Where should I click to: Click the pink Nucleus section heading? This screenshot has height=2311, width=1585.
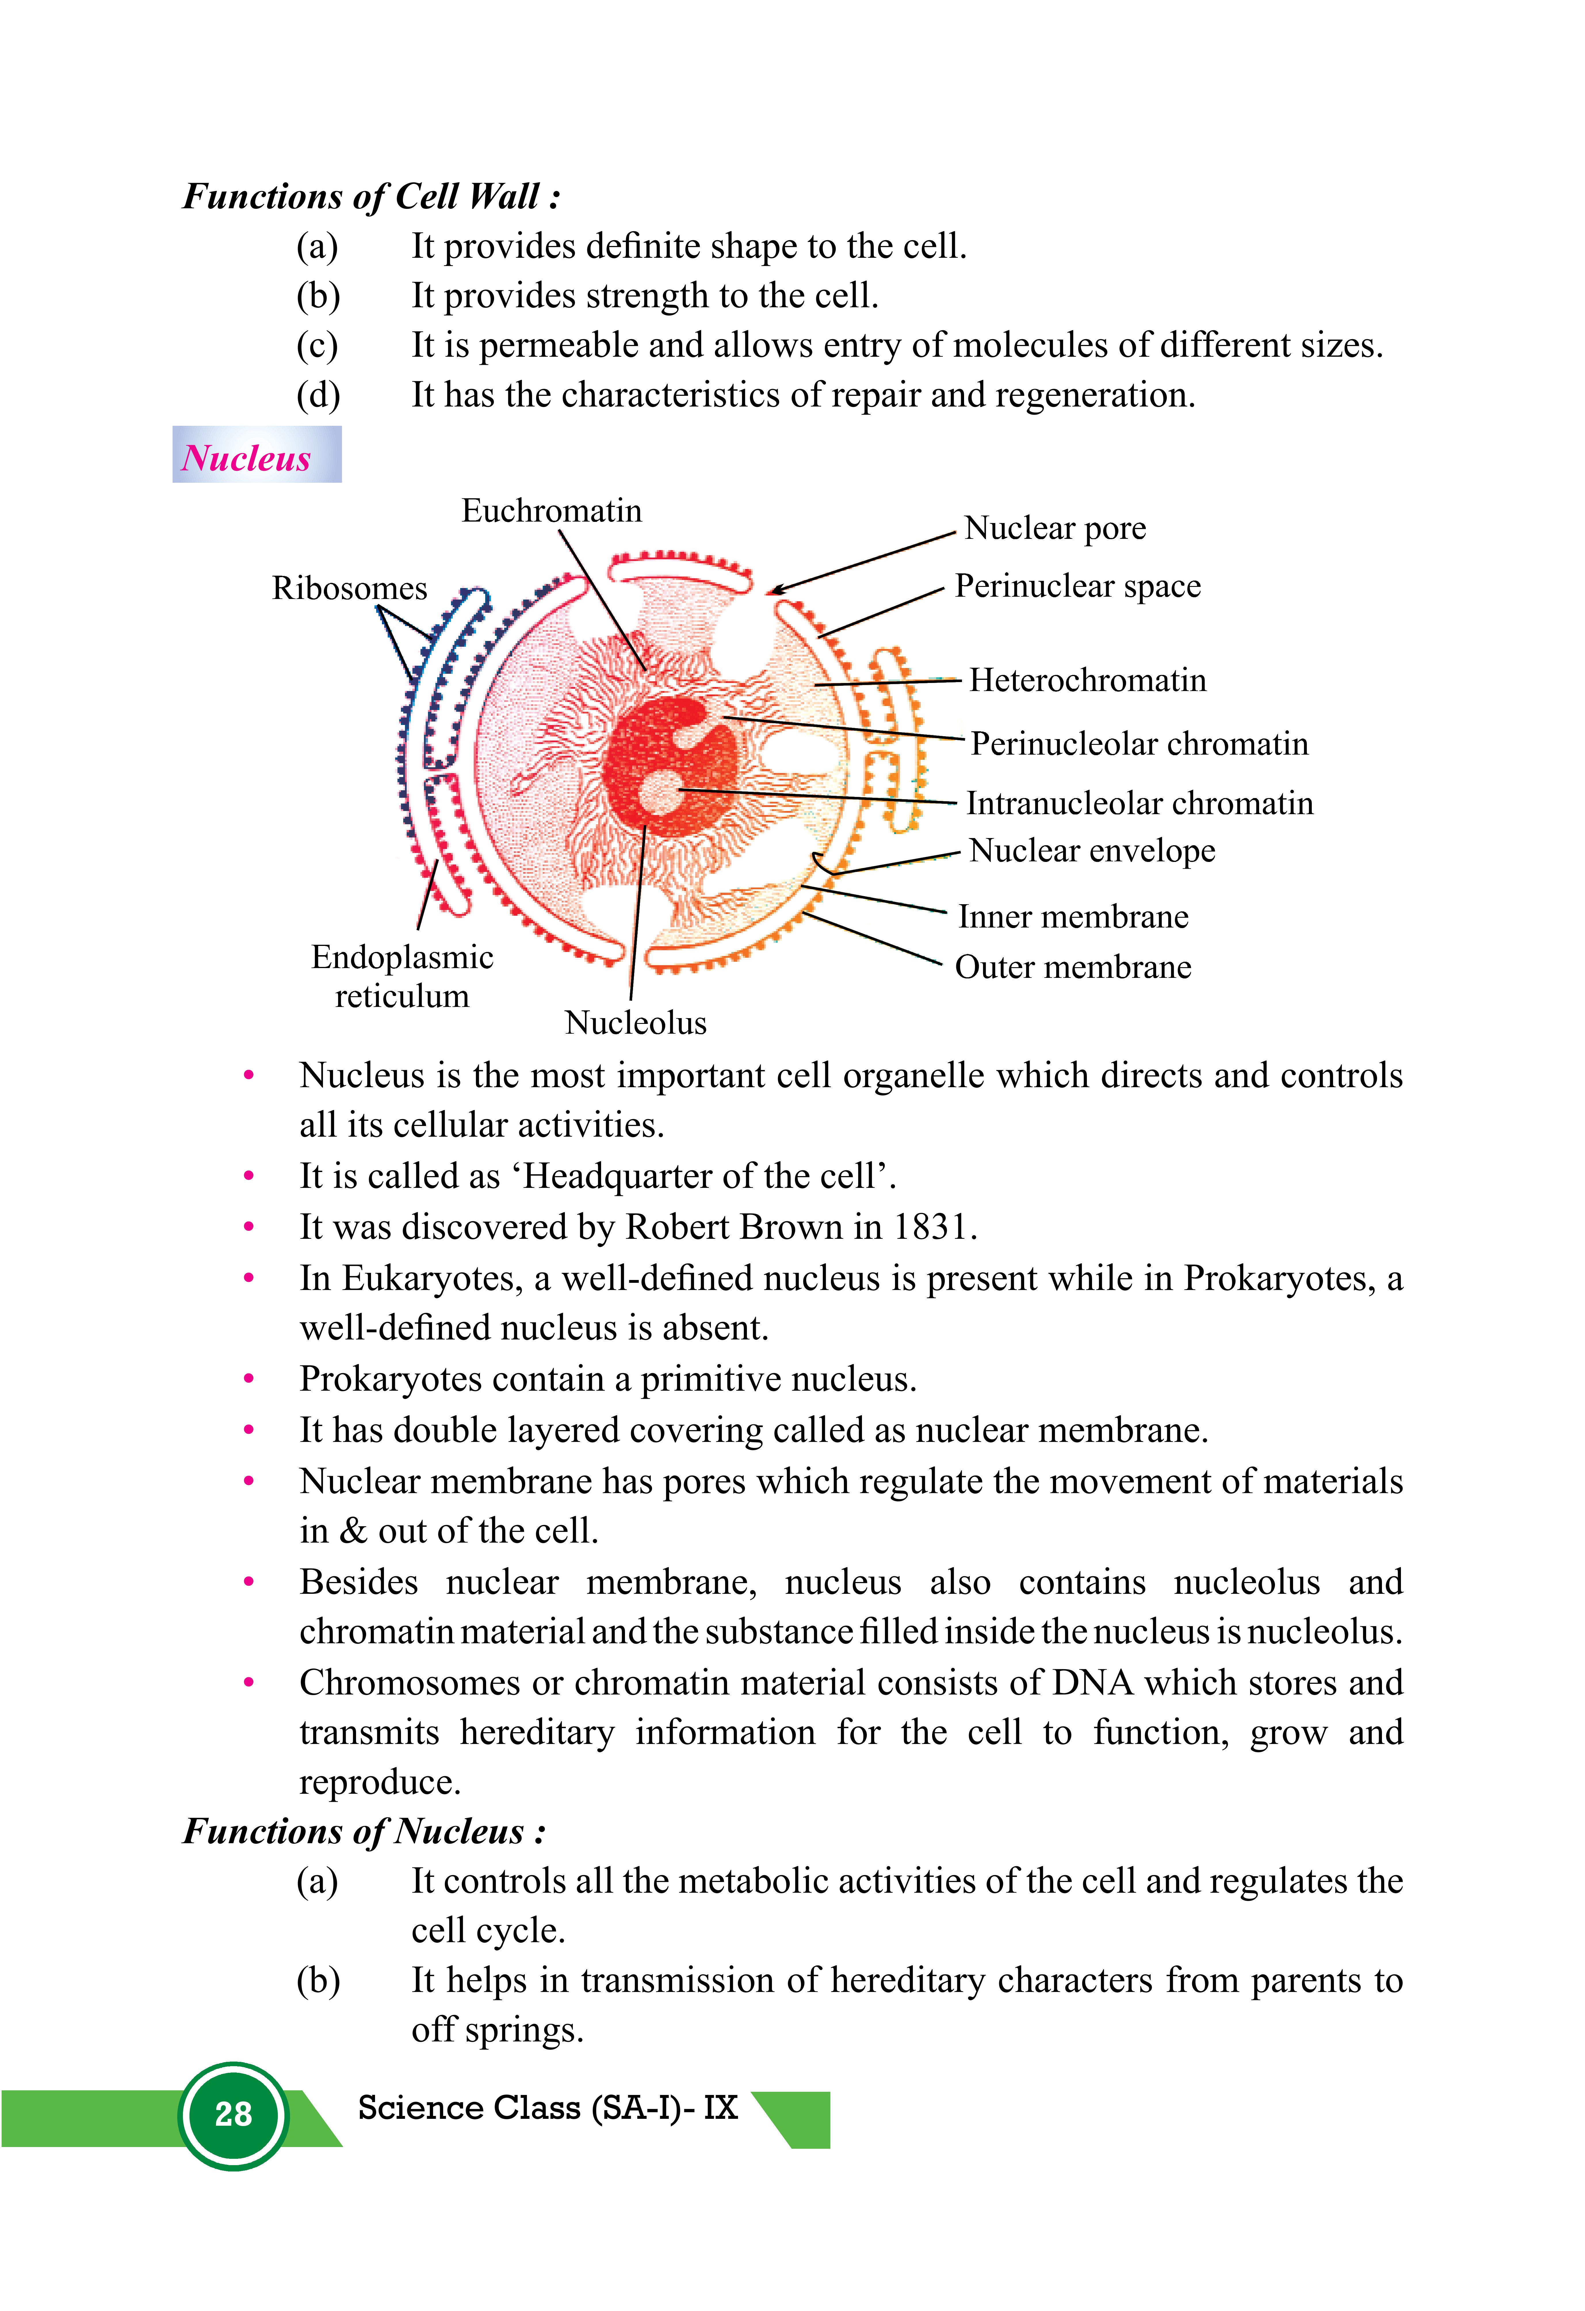tap(246, 457)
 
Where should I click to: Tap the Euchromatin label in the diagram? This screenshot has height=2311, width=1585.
tap(552, 511)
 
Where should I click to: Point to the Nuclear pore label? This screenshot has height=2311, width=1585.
tap(1055, 528)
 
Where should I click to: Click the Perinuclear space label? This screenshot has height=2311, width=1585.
tap(1078, 587)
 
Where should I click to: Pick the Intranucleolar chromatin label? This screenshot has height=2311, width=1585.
tap(1139, 804)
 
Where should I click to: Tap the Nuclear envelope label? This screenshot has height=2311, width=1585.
tap(1092, 851)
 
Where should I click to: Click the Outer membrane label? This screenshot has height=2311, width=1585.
tap(1073, 967)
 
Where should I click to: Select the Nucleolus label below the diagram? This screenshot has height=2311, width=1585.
tap(635, 1023)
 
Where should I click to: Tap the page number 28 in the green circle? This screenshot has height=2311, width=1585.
tap(234, 2114)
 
